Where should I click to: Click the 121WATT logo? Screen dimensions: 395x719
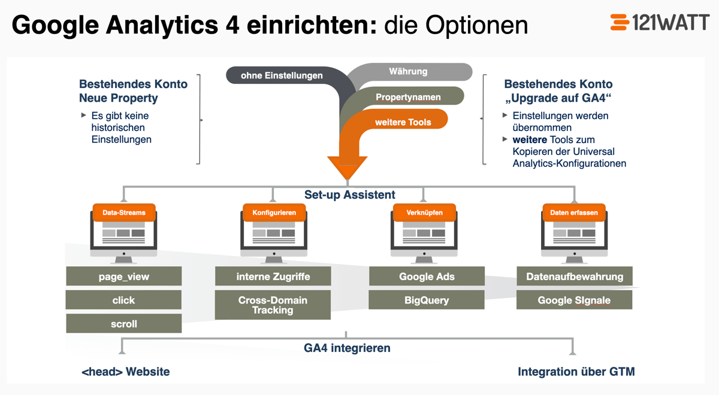point(660,23)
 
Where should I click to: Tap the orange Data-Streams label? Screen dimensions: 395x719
point(124,212)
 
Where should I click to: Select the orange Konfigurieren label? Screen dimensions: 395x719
point(274,212)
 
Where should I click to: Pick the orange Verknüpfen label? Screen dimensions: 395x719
point(424,212)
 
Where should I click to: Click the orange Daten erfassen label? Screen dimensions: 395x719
point(574,212)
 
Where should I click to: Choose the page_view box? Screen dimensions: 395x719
point(124,276)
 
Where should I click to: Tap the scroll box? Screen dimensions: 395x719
point(124,324)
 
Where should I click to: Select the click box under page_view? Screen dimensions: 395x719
point(124,300)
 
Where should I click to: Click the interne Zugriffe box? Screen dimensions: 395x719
point(273,276)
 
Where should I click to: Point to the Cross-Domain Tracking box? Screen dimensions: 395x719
point(273,305)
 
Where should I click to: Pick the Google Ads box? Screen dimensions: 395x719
point(427,276)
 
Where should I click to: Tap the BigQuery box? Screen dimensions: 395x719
point(427,300)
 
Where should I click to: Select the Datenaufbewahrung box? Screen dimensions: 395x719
point(575,276)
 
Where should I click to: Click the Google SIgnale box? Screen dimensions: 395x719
point(575,300)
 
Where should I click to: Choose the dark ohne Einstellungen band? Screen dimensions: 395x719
point(282,75)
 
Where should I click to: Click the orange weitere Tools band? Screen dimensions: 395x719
point(403,121)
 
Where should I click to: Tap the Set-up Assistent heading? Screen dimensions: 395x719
point(350,195)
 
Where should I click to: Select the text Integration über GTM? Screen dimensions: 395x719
point(576,372)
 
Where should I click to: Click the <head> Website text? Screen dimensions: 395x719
point(126,372)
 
